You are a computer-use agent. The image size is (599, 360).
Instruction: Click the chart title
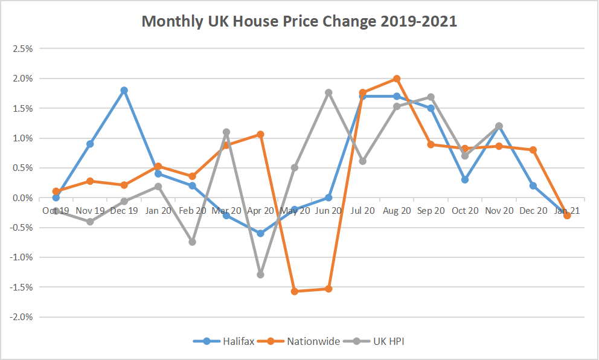[299, 22]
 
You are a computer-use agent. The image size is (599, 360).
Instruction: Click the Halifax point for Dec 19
[124, 90]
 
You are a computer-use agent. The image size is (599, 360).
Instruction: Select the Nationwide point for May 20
[294, 291]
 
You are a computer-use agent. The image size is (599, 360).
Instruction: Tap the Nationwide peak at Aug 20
[397, 79]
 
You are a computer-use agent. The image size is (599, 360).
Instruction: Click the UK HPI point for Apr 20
[260, 274]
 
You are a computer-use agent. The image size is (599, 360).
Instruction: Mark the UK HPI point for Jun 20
[328, 92]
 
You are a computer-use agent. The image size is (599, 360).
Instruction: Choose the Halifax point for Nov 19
[90, 144]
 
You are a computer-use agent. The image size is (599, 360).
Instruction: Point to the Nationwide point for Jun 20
[328, 289]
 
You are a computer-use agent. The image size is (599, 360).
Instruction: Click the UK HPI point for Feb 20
[192, 242]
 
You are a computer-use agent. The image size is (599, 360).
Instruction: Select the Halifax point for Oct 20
[465, 179]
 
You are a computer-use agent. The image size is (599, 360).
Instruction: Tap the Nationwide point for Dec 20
[533, 150]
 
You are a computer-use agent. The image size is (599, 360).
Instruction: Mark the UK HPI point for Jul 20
[362, 161]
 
